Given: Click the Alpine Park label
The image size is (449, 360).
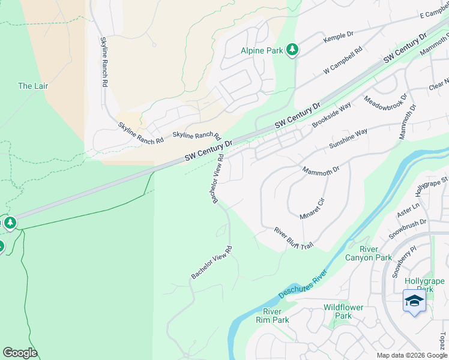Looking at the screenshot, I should click(x=262, y=51).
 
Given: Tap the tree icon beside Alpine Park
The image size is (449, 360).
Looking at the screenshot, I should click(x=292, y=50).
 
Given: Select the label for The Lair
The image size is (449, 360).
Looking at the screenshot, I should click(x=33, y=86).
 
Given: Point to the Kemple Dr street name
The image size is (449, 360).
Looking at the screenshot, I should click(x=339, y=37).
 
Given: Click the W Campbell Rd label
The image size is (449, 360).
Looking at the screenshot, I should click(x=343, y=61).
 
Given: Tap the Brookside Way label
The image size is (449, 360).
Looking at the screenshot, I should click(x=331, y=115).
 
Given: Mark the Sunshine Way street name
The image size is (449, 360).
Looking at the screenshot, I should click(x=348, y=139).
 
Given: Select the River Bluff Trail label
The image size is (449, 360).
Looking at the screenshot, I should click(x=294, y=238).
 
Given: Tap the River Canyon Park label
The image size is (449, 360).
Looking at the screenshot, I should click(x=368, y=253).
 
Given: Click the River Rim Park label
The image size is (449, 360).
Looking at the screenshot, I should click(x=276, y=316).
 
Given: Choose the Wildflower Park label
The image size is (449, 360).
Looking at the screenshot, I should click(x=343, y=311).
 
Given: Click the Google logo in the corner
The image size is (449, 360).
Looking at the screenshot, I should click(x=20, y=353).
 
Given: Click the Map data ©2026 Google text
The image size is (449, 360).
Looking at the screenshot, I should click(x=411, y=355).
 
